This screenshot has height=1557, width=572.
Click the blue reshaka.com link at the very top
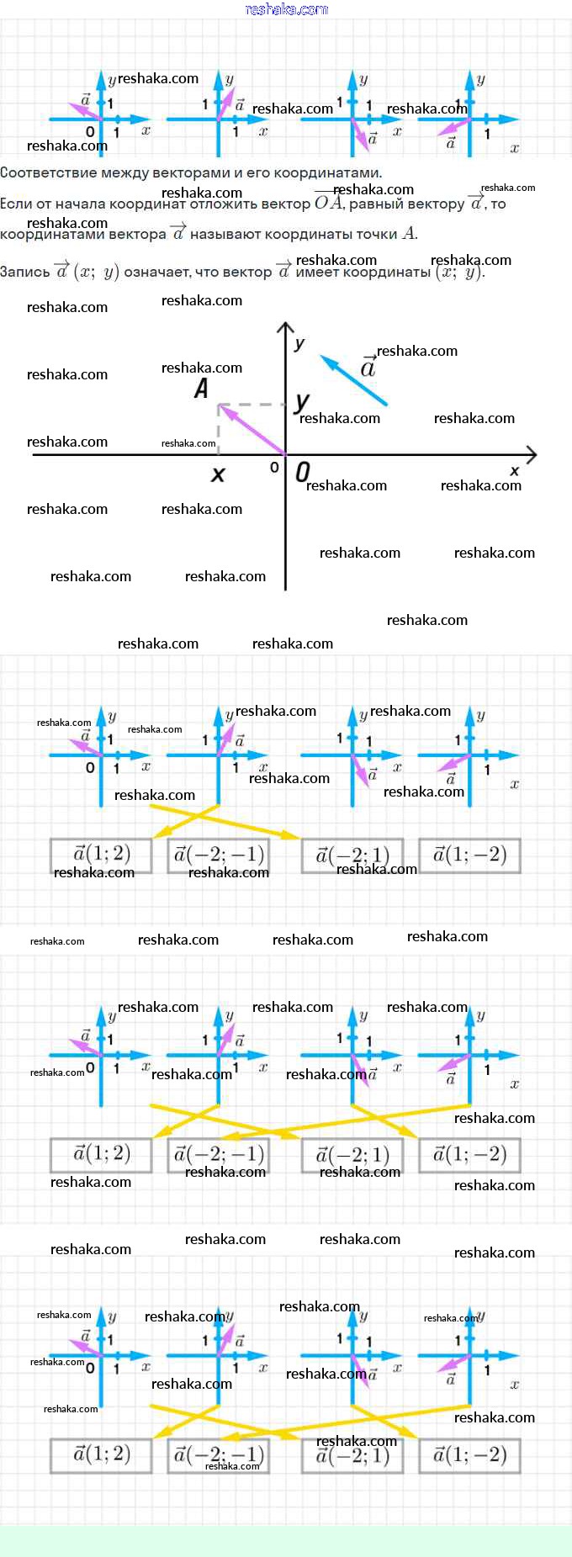(x=286, y=9)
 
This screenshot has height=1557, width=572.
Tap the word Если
(x=17, y=204)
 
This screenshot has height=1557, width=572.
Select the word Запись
(x=25, y=272)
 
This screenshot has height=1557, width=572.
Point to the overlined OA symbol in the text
(x=329, y=203)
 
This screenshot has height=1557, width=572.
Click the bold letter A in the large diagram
(x=201, y=389)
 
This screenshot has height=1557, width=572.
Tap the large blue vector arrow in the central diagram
(x=353, y=380)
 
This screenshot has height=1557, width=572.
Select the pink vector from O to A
(x=252, y=430)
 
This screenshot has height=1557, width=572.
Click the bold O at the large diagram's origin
(x=303, y=472)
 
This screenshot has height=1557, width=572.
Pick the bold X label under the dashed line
(x=218, y=474)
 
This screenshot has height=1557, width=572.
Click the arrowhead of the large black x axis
(x=531, y=455)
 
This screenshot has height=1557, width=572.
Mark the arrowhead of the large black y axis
(x=286, y=329)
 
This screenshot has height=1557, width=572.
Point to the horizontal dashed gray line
(x=252, y=405)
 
